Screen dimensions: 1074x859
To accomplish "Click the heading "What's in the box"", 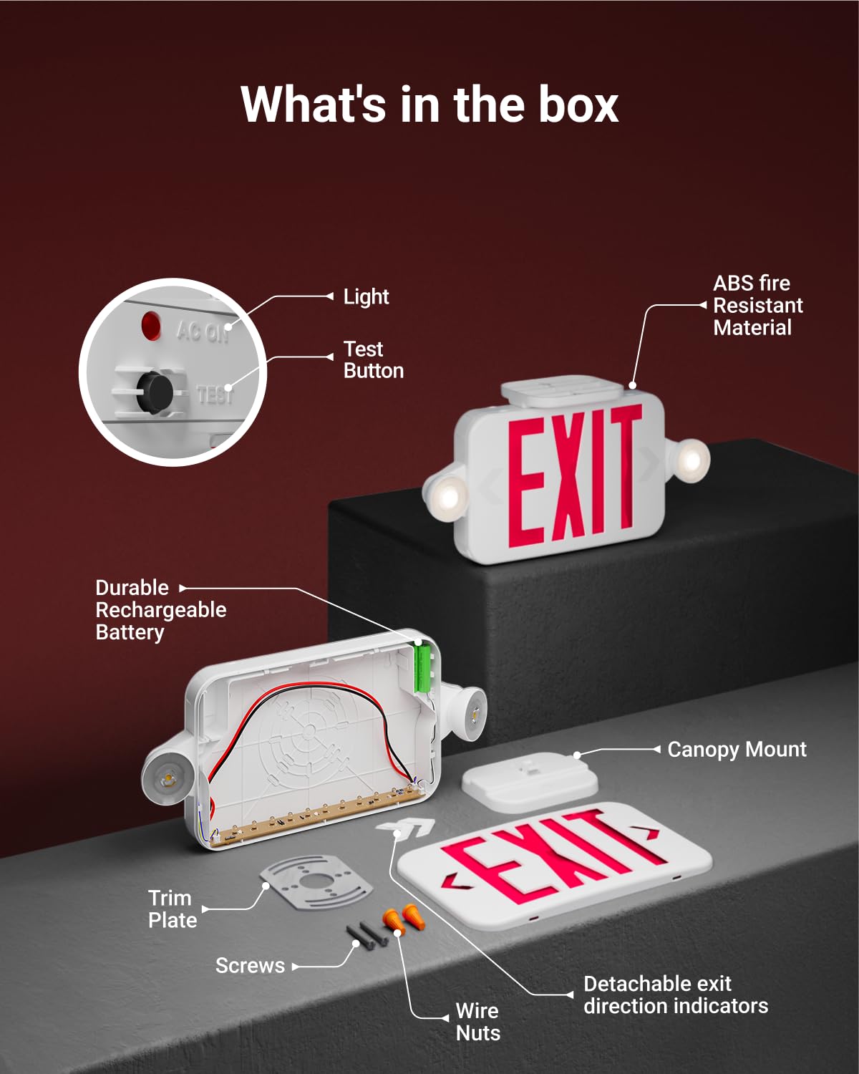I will click(x=429, y=105).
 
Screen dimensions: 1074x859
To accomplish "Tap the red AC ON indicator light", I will click(x=151, y=326).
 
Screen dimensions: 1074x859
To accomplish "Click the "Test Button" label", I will click(x=373, y=359).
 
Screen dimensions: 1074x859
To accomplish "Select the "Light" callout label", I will click(x=366, y=296).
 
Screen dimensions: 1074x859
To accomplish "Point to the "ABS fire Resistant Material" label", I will click(x=757, y=306).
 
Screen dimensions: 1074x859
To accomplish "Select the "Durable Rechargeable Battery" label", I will click(x=160, y=610).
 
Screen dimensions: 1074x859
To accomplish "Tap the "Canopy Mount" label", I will click(x=736, y=750).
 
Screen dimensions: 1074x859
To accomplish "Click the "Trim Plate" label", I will click(x=172, y=909).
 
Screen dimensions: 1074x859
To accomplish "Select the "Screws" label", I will click(x=250, y=966).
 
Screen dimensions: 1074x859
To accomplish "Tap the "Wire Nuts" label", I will click(x=477, y=1022).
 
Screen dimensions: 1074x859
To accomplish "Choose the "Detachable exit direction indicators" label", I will click(x=675, y=995).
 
